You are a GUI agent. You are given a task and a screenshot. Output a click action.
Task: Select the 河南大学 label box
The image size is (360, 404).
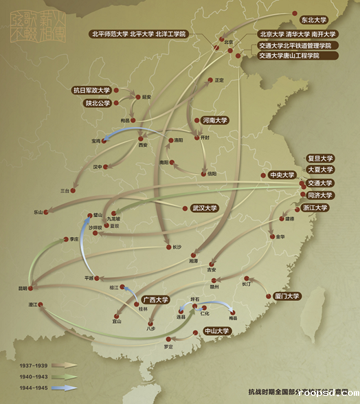point(214,120)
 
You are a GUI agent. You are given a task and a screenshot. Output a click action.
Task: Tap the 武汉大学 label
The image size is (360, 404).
point(203,207)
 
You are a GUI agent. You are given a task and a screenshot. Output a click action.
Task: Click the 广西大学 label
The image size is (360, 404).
point(156,300)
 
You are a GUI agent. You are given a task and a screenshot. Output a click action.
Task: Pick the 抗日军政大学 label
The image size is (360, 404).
point(91,90)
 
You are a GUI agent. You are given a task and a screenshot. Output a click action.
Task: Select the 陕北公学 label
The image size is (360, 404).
point(98,104)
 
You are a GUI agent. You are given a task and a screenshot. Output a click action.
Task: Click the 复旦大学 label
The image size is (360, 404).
point(319,157)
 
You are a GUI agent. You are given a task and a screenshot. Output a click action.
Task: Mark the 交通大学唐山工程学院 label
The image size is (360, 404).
point(289,56)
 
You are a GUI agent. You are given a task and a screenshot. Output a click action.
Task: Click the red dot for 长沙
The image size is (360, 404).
point(169,247)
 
